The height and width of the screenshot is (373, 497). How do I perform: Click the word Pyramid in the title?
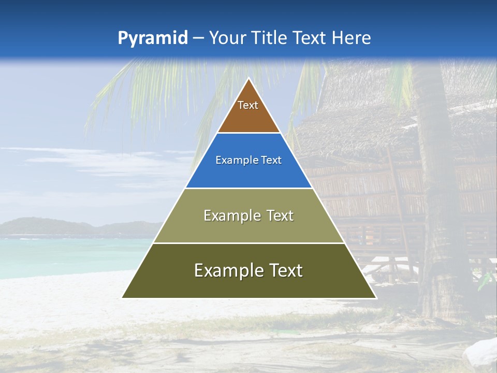(x=152, y=38)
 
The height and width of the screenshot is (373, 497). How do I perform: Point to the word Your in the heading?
(x=226, y=38)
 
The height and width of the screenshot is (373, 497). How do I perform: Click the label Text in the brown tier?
(x=248, y=105)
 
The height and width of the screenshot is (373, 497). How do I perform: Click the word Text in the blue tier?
(x=271, y=160)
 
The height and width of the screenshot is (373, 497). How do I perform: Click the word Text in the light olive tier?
(x=280, y=216)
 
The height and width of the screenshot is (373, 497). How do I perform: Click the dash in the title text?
(x=198, y=38)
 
